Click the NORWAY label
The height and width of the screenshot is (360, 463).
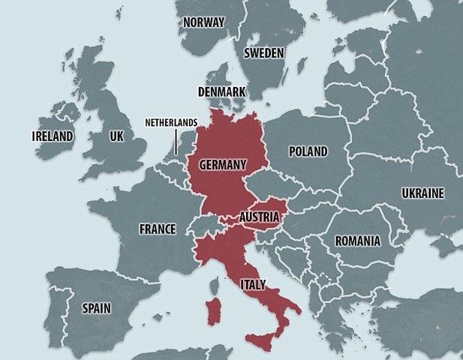tap(203, 22)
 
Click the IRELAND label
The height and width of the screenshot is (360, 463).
tap(53, 136)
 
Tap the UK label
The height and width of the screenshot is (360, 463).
tap(116, 136)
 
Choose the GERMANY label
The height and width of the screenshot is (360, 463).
tap(222, 163)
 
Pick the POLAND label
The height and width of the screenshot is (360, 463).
tap(308, 151)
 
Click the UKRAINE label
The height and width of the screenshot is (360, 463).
tap(422, 193)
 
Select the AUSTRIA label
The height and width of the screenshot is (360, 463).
tap(260, 217)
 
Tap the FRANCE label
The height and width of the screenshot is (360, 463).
tap(158, 229)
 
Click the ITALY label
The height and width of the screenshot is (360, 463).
tap(251, 285)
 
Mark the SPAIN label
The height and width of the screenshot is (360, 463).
tap(98, 307)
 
